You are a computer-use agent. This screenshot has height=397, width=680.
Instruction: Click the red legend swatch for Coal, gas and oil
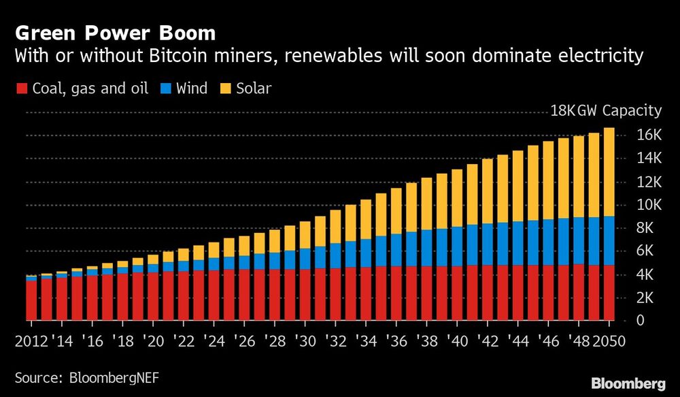20,89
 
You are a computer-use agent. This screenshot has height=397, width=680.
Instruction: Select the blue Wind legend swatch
165,89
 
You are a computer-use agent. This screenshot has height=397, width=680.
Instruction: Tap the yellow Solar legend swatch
226,89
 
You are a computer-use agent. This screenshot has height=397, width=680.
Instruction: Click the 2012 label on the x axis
31,340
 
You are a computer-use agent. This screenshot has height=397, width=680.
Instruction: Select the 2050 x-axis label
609,340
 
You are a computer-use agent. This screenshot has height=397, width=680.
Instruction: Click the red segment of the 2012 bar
31,300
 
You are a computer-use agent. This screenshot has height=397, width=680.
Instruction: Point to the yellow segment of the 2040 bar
457,198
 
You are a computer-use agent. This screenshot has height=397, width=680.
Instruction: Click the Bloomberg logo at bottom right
629,383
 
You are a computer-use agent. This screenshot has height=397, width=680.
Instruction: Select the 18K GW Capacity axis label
606,111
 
